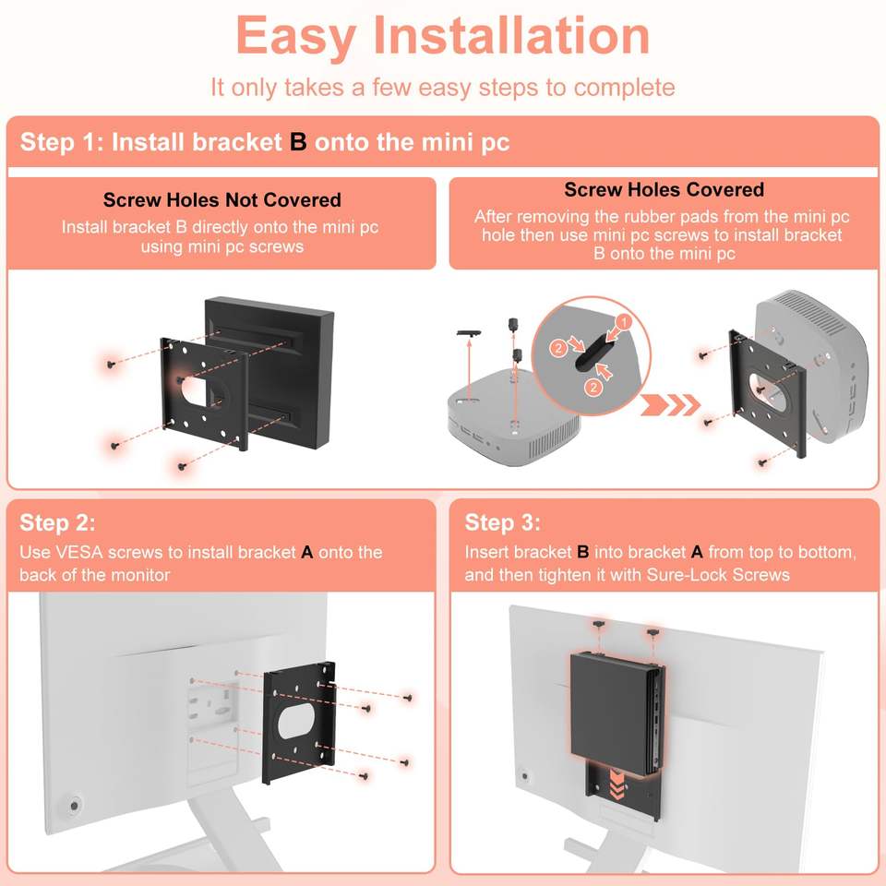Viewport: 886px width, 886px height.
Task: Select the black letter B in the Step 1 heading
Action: [x=298, y=142]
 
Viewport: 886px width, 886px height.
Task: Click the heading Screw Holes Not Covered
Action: [x=221, y=200]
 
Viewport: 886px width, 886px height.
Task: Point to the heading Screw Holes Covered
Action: [x=664, y=190]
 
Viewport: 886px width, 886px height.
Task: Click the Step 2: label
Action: [x=57, y=522]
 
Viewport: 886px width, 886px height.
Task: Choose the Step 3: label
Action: [x=502, y=522]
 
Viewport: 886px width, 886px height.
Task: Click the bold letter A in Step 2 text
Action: [x=307, y=552]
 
